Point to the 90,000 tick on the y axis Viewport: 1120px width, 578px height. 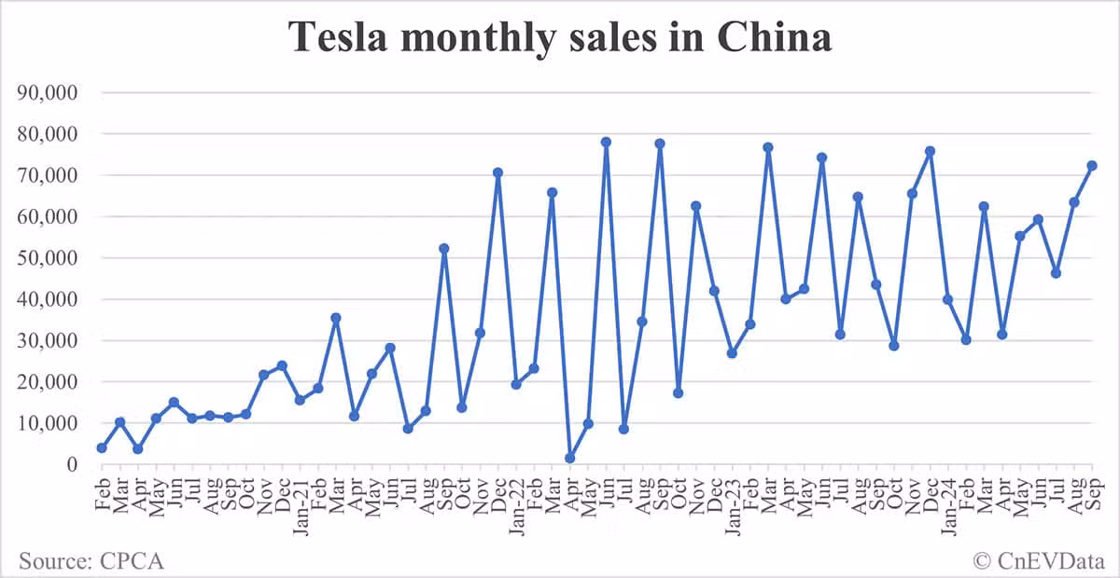click(52, 93)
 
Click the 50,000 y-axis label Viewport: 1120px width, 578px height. click(52, 258)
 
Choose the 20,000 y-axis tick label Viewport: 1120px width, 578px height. click(52, 382)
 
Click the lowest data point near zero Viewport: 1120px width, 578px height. click(569, 459)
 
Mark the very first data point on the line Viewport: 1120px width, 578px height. click(101, 448)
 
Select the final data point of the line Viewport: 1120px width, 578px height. click(1092, 166)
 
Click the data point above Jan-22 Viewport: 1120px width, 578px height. click(516, 384)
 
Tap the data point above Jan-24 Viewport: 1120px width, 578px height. click(948, 299)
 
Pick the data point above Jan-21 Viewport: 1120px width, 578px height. click(300, 400)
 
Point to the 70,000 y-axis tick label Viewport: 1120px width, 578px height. click(52, 175)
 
